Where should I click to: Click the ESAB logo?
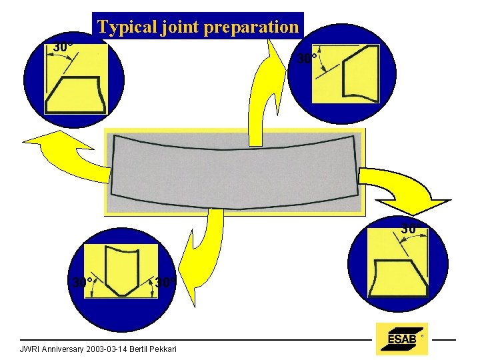tap(401, 339)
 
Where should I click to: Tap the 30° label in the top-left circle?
tap(63, 47)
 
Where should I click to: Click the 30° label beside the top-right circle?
tap(306, 59)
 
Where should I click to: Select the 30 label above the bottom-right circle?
tap(409, 229)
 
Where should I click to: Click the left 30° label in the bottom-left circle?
tap(82, 282)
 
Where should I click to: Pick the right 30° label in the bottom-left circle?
tap(165, 282)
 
